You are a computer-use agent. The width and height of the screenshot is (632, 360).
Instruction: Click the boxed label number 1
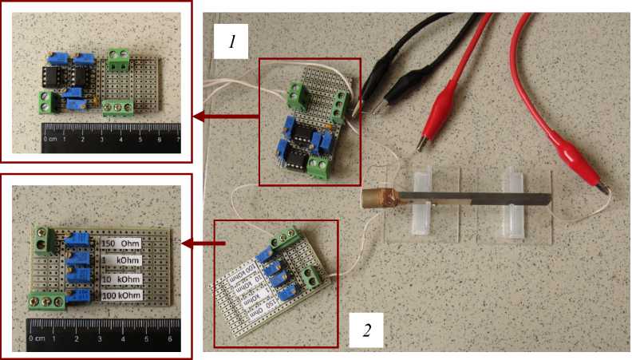tap(231, 42)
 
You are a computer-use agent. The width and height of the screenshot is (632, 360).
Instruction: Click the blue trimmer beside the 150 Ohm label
tap(79, 241)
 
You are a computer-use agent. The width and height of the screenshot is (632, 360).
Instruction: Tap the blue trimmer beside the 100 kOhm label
tap(79, 297)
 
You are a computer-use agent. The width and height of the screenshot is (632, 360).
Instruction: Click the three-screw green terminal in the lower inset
tap(47, 301)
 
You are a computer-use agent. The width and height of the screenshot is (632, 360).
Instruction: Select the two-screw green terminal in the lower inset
tap(43, 237)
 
